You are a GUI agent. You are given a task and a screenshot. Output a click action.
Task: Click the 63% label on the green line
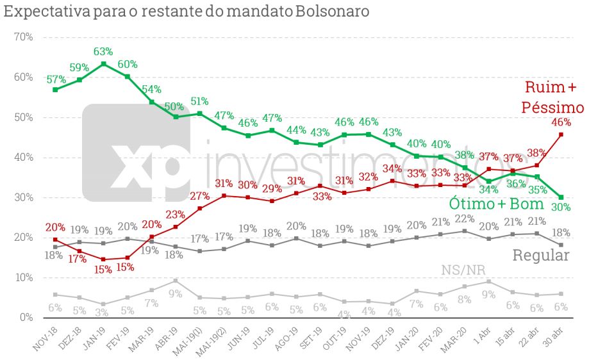click(103, 51)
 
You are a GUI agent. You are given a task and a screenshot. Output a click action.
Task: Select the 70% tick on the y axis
click(24, 37)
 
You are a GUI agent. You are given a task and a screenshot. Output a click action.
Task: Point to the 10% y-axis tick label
click(24, 277)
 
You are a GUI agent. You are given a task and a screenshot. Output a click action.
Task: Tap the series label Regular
click(541, 256)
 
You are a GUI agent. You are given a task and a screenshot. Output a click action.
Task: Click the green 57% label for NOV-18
click(56, 79)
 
